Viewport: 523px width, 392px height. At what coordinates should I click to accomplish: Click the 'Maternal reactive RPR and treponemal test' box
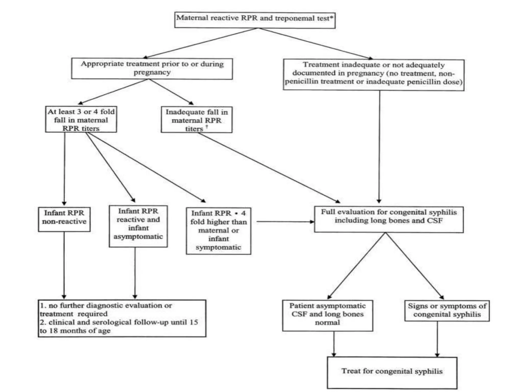pyautogui.click(x=255, y=20)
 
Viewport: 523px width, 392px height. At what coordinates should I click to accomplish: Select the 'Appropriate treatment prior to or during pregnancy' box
pyautogui.click(x=152, y=68)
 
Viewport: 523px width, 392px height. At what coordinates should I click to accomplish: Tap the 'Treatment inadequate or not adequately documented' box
pyautogui.click(x=373, y=75)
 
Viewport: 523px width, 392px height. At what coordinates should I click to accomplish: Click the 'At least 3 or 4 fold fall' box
pyautogui.click(x=81, y=119)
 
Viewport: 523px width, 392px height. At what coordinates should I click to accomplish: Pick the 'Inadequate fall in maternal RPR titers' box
pyautogui.click(x=197, y=119)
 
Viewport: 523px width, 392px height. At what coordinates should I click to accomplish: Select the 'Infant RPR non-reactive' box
pyautogui.click(x=64, y=219)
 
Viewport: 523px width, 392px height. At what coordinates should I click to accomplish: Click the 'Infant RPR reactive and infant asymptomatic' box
pyautogui.click(x=138, y=226)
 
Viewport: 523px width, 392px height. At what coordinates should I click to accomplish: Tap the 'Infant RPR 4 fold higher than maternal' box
pyautogui.click(x=218, y=231)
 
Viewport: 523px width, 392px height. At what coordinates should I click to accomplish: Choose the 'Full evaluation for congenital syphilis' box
pyautogui.click(x=389, y=219)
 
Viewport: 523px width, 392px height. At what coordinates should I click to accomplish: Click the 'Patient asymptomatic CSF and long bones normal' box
pyautogui.click(x=327, y=315)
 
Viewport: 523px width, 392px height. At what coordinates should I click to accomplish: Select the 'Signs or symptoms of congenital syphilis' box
pyautogui.click(x=447, y=311)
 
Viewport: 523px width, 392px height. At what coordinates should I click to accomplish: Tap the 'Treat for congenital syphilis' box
pyautogui.click(x=392, y=372)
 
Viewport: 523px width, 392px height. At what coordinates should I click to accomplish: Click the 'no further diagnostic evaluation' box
pyautogui.click(x=122, y=318)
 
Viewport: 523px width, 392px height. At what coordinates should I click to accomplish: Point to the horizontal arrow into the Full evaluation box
pyautogui.click(x=285, y=222)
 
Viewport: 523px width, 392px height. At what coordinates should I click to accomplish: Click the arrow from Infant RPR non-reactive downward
pyautogui.click(x=64, y=265)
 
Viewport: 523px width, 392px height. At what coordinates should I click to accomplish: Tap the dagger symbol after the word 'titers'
pyautogui.click(x=207, y=126)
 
